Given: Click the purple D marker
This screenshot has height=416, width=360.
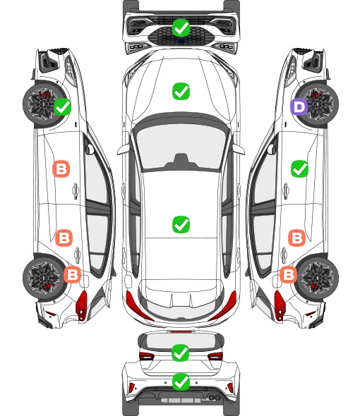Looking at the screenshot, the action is [299, 107].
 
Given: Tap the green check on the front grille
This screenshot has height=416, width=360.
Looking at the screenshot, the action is [181, 27].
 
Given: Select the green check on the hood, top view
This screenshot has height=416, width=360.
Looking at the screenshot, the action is [181, 91].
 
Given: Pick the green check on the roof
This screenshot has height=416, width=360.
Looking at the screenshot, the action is [181, 224].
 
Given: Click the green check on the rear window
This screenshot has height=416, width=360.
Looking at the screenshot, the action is [181, 353].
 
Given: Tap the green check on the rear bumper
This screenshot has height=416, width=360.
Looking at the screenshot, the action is [181, 381].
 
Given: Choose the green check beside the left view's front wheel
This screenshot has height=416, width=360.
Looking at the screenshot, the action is [62, 106].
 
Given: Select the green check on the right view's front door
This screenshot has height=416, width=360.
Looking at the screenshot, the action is [299, 169].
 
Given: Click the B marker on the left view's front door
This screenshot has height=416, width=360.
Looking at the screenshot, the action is [61, 169].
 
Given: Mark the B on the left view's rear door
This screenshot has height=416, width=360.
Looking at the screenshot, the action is [64, 238].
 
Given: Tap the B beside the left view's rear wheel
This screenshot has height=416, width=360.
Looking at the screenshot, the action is [72, 274].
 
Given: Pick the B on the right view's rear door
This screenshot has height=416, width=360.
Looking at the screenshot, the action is [296, 238].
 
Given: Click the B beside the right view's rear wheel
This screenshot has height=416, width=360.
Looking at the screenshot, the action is [288, 274].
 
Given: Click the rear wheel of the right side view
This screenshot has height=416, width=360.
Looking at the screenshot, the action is [317, 278].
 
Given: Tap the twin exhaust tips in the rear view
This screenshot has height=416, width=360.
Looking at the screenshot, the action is [214, 397].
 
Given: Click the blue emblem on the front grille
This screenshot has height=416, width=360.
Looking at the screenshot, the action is [181, 41].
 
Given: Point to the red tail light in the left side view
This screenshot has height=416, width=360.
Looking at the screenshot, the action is [82, 305].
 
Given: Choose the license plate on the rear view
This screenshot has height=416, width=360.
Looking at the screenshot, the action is [181, 400].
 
